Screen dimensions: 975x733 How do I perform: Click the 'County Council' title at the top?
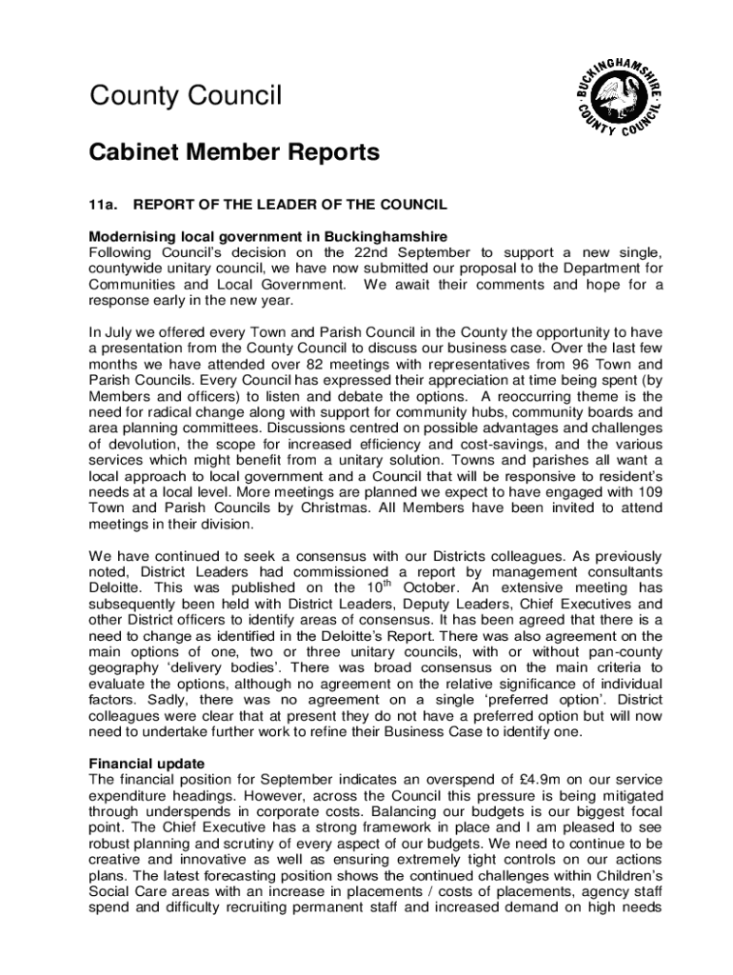tap(186, 96)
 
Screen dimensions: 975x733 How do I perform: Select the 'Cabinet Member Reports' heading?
tap(234, 152)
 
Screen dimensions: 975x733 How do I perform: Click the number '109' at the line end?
tap(649, 492)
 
